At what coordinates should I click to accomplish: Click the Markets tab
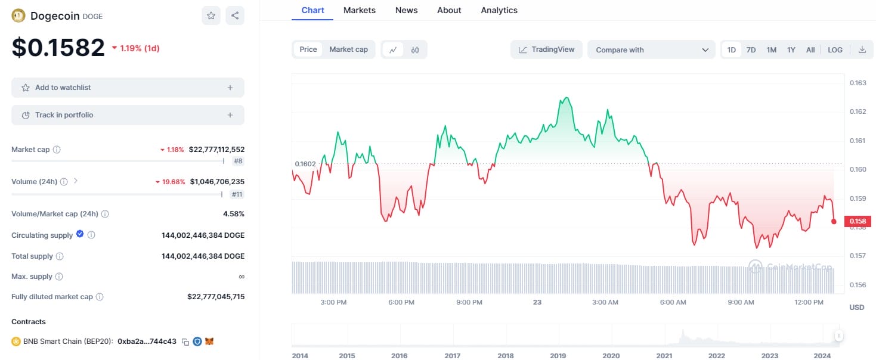(x=360, y=10)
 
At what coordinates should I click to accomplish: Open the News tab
(x=406, y=10)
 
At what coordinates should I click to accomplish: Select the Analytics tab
(x=499, y=10)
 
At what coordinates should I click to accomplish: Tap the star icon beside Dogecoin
(x=211, y=16)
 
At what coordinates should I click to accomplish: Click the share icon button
(x=235, y=16)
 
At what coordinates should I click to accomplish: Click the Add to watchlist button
(x=128, y=88)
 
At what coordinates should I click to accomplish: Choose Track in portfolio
(x=128, y=115)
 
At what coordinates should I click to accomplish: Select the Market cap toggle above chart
(x=348, y=49)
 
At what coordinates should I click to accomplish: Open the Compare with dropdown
(x=651, y=50)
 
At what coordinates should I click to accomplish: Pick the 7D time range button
(x=751, y=50)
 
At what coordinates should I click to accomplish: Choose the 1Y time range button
(x=791, y=50)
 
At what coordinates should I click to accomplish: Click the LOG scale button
(x=835, y=50)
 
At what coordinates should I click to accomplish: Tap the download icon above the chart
(x=862, y=50)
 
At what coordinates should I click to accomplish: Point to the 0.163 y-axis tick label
(x=858, y=83)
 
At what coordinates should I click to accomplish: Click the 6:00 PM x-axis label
(x=401, y=302)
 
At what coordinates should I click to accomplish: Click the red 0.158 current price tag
(x=858, y=222)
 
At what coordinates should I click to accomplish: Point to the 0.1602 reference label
(x=305, y=164)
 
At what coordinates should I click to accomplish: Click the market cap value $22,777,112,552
(x=216, y=150)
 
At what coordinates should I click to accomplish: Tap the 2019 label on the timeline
(x=558, y=356)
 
